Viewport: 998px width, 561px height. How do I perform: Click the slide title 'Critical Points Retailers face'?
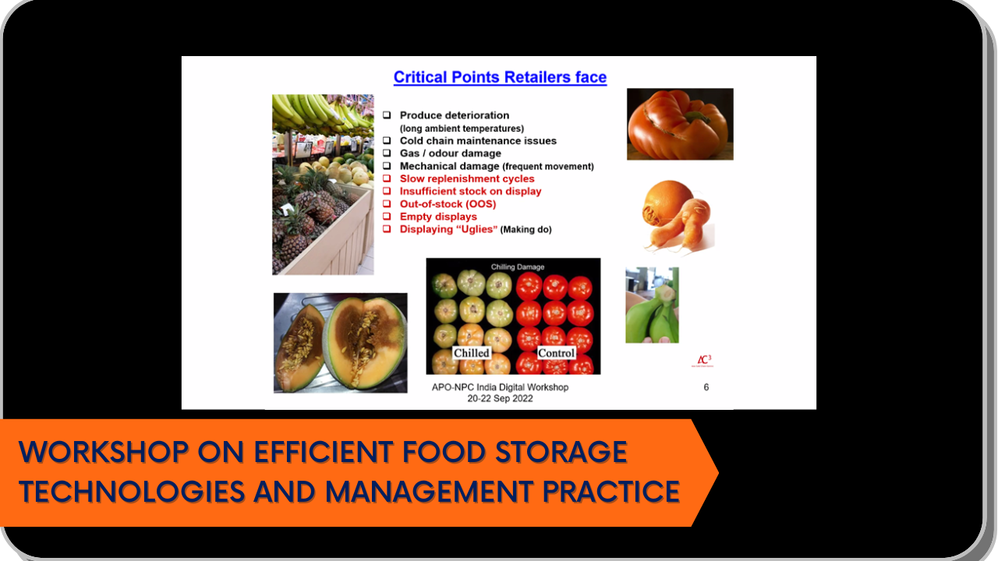pos(500,77)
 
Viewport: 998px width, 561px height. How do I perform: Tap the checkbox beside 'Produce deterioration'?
pos(387,115)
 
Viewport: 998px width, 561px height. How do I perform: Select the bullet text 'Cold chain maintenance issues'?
pos(478,141)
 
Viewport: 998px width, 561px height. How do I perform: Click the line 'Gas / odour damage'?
pos(451,153)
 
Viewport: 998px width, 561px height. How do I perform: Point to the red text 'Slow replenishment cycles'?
pos(467,178)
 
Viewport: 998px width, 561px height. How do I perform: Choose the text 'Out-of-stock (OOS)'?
pos(448,204)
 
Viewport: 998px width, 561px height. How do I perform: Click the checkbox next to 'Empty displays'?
pos(387,217)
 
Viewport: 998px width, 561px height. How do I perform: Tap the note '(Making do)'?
pos(526,229)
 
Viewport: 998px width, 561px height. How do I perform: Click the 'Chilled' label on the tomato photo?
pos(472,353)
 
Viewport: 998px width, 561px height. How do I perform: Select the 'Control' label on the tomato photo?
pos(556,353)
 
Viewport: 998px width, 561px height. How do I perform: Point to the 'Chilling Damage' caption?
pos(517,266)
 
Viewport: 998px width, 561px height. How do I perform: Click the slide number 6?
pos(706,387)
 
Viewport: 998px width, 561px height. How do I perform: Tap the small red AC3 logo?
pos(702,361)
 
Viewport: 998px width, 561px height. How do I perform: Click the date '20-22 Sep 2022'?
pos(500,398)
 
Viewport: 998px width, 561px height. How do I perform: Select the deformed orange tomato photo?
pos(680,124)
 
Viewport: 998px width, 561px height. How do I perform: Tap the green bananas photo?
pos(653,305)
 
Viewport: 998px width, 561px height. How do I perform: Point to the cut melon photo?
pos(341,343)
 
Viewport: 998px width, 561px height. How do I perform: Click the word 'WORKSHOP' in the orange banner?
pos(104,452)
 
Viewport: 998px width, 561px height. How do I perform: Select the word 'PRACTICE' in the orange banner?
pos(611,492)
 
